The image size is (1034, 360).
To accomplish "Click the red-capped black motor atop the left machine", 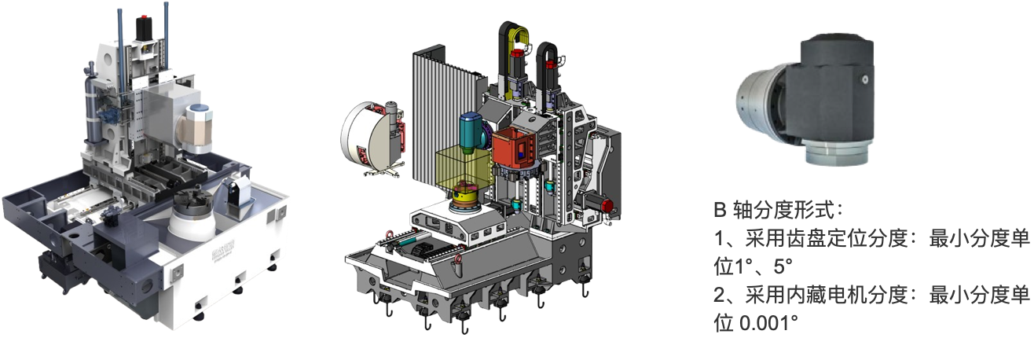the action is click(144, 28).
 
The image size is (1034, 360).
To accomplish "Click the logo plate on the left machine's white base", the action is click(223, 242).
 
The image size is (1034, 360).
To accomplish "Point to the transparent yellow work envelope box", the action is click(464, 171).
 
